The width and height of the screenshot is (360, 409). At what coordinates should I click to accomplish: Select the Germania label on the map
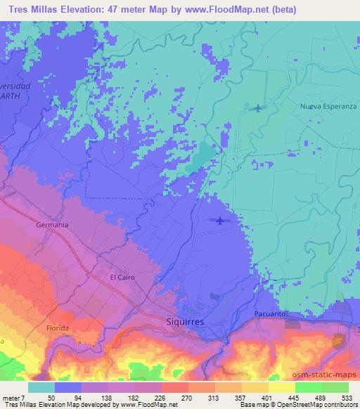51,225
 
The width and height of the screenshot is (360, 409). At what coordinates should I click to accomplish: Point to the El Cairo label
122,278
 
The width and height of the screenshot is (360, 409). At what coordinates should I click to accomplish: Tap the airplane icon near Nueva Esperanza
258,108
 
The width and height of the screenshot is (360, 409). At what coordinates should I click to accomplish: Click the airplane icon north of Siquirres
220,222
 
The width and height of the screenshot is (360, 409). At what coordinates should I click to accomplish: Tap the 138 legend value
107,397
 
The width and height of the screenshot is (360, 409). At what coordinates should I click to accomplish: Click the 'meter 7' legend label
13,397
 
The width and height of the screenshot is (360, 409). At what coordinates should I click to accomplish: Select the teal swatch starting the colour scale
42,387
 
